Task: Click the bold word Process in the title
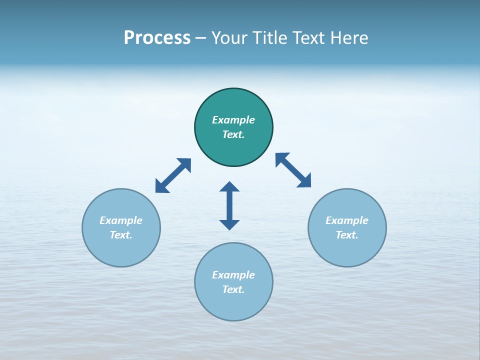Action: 157,38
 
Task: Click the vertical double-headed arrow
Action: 229,206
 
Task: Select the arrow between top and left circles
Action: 173,175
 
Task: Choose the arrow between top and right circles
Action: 293,170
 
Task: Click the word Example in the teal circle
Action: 233,120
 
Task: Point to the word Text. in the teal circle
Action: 233,134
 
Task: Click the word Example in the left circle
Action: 121,220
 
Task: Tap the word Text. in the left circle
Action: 121,235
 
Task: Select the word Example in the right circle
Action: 347,220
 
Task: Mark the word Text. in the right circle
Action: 347,235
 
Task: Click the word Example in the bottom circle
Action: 233,275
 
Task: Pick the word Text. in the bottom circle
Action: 233,289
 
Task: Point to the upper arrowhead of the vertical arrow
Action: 229,186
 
